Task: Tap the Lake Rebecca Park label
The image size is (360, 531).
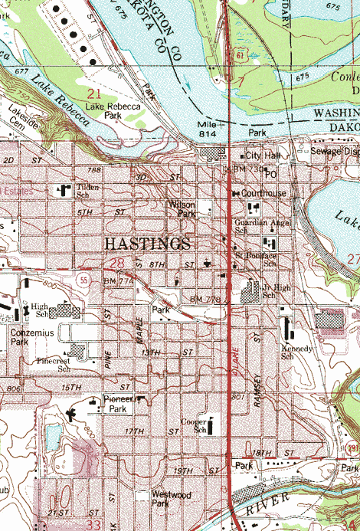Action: [x=113, y=110]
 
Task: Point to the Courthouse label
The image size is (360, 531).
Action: [x=263, y=194]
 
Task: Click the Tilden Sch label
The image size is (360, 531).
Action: [x=88, y=192]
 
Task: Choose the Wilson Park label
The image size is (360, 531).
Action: [x=182, y=209]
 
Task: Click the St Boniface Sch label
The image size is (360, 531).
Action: [x=256, y=258]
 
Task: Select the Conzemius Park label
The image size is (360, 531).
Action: [x=30, y=338]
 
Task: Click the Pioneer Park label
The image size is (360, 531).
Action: [x=117, y=405]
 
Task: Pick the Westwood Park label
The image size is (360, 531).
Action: [x=171, y=500]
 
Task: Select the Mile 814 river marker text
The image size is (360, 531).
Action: [x=207, y=128]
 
